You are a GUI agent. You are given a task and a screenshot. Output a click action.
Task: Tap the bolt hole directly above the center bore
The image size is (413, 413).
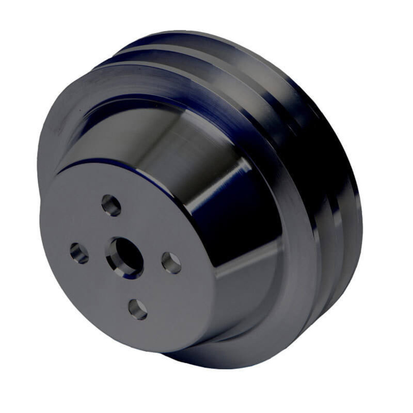pyautogui.click(x=111, y=205)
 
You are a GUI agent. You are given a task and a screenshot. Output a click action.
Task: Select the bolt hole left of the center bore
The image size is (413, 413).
pyautogui.click(x=79, y=252)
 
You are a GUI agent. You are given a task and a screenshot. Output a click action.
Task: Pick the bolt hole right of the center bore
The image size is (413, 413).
pyautogui.click(x=171, y=262)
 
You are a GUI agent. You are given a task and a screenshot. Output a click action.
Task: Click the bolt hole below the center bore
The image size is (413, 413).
pyautogui.click(x=138, y=309)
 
